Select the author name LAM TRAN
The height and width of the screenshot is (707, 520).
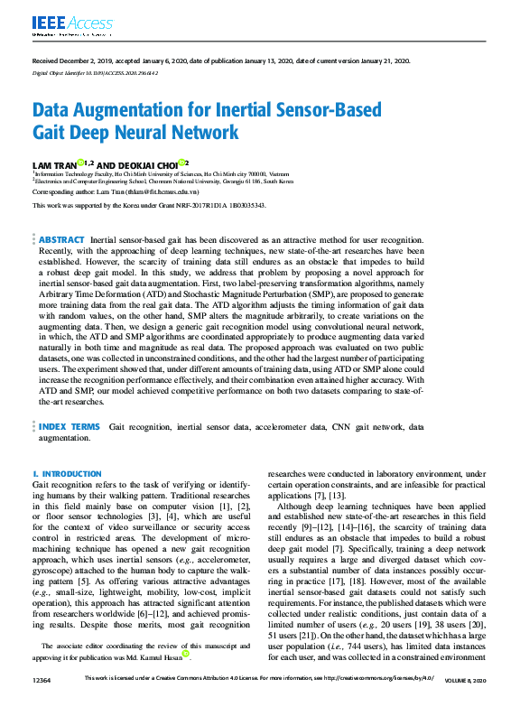tap(53, 164)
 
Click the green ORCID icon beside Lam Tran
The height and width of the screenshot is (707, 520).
tap(80, 163)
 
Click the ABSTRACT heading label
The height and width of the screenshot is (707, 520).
tap(61, 240)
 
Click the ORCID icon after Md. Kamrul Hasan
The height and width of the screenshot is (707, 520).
tap(186, 655)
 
